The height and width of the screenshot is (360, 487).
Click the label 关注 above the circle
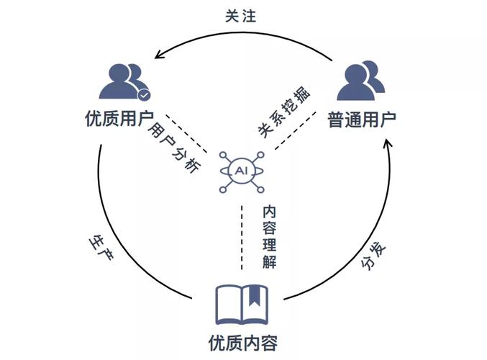[x=241, y=16]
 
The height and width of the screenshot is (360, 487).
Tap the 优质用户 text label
[x=119, y=119]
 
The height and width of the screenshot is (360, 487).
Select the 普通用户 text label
[x=362, y=120]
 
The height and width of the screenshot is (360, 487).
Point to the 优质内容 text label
[x=243, y=343]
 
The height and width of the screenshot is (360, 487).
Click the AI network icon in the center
[x=242, y=172]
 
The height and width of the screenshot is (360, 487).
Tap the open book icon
[x=242, y=305]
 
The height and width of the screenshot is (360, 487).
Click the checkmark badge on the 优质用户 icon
[x=144, y=95]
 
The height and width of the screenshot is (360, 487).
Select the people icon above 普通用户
[x=361, y=81]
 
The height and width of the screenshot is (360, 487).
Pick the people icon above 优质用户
[x=124, y=82]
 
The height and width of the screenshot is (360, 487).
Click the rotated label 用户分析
[x=174, y=146]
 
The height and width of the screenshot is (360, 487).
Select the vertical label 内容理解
[x=269, y=237]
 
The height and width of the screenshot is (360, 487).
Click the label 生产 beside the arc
[x=101, y=247]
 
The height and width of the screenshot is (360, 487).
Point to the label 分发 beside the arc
[x=373, y=256]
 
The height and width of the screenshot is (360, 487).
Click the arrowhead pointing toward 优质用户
[x=159, y=54]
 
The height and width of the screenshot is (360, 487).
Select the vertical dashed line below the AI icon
[x=242, y=237]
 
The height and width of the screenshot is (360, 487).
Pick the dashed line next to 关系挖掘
[x=295, y=130]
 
